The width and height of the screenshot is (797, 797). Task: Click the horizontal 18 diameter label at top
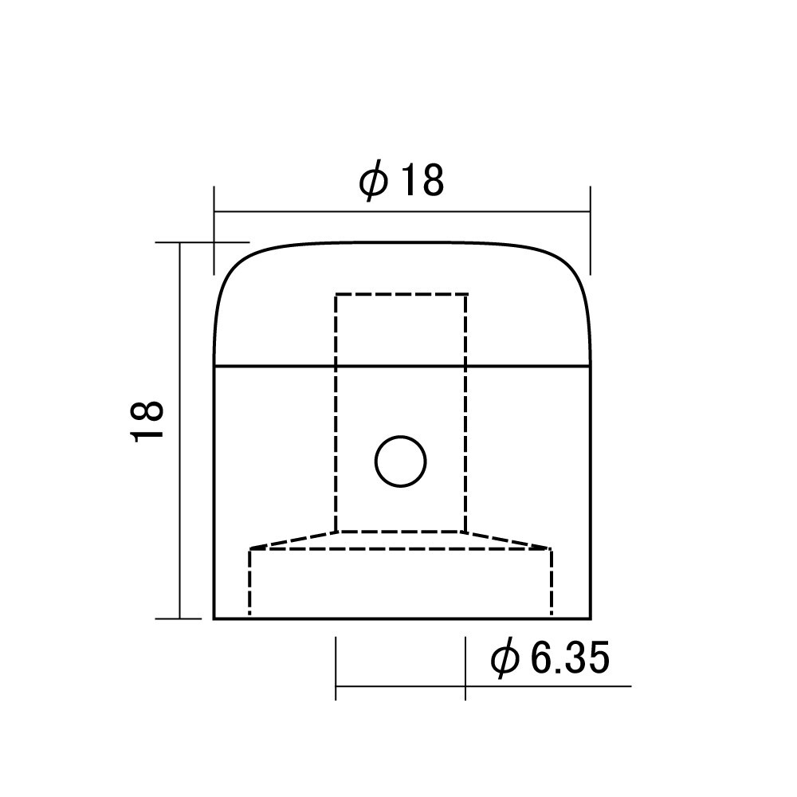tap(422, 180)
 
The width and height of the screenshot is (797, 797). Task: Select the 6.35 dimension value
tap(570, 658)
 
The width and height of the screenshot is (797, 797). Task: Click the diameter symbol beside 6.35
tap(505, 659)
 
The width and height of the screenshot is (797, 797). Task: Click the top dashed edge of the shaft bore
tap(401, 294)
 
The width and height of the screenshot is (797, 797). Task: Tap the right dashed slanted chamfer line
tap(508, 540)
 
